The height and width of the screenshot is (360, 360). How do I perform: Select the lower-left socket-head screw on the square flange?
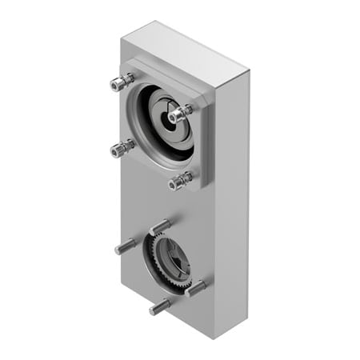pyautogui.click(x=122, y=147)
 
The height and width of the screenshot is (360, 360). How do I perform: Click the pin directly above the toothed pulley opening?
pyautogui.click(x=159, y=226)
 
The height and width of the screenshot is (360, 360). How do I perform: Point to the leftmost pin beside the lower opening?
pyautogui.click(x=126, y=246)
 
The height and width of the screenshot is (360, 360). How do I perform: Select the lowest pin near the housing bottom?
pyautogui.click(x=159, y=306)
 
